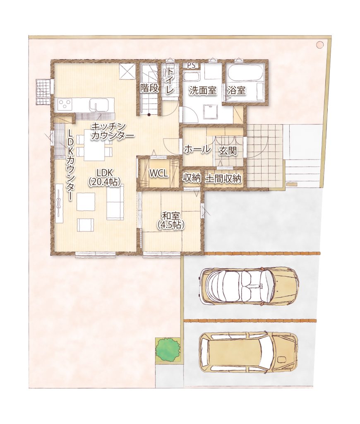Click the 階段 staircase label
point(149,89)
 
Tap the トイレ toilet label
point(170,81)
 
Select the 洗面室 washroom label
point(203,90)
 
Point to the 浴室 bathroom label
point(237,90)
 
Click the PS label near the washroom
point(191,66)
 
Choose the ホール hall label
point(197,149)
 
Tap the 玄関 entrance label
point(228,151)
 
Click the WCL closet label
point(158,173)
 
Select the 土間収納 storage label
point(223,178)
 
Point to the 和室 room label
point(171,216)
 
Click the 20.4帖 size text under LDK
point(104,182)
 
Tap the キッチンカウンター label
point(113,131)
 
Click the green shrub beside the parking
point(168,349)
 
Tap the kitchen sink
point(99,105)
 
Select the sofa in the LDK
point(115,202)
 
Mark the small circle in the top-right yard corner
point(320,44)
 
